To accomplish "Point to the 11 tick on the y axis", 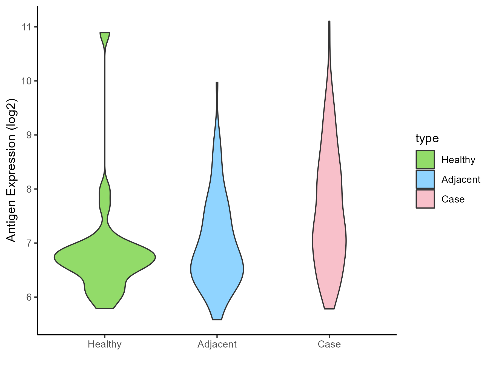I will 27,27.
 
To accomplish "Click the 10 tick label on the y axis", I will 27,81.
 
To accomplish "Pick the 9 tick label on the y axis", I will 28,135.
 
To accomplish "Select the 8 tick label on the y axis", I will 28,189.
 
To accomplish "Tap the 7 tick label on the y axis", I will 28,243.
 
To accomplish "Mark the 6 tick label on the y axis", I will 28,297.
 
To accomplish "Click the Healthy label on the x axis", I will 105,344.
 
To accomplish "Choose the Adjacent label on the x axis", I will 217,344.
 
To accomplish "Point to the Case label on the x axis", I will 329,344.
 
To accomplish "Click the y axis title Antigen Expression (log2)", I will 12,170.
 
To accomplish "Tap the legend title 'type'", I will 427,138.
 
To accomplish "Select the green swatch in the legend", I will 425,160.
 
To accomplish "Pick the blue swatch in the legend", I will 425,179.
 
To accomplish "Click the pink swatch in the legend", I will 425,199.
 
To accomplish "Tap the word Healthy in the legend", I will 458,160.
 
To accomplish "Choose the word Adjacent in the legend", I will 461,180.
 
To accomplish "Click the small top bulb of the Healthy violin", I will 105,38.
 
